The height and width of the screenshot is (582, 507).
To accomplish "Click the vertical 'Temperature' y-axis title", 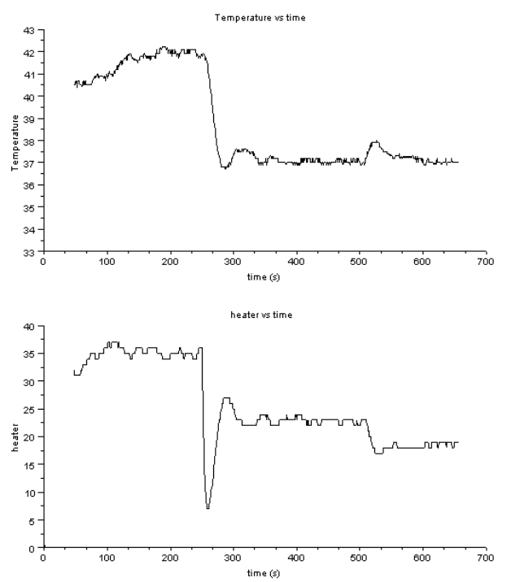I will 15,141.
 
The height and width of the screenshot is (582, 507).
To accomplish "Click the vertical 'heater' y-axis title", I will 15,436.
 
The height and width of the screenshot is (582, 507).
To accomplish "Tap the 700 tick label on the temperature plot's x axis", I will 485,263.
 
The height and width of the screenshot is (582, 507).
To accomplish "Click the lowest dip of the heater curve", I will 208,508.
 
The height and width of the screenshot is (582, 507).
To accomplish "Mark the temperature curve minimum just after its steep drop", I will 223,167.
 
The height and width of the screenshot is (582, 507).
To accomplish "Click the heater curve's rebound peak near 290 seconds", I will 227,398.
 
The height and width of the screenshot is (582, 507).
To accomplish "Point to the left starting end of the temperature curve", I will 74,83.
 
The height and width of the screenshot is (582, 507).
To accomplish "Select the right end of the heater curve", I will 458,443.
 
